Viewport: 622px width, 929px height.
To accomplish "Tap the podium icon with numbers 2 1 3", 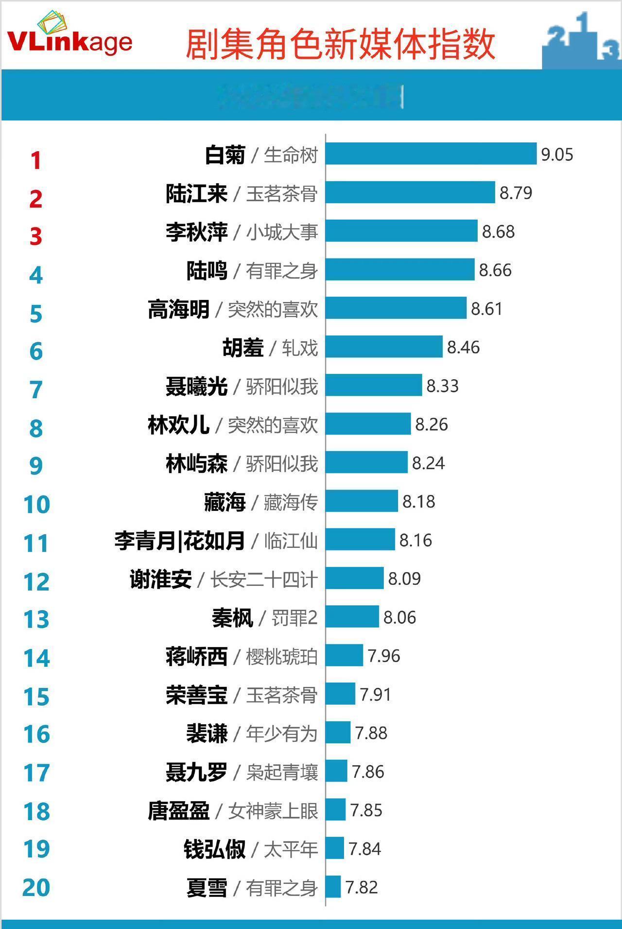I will [x=581, y=41].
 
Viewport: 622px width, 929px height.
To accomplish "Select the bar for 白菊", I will [x=431, y=154].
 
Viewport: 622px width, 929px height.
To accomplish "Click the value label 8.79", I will [x=516, y=193].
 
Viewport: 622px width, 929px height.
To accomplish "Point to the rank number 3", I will [x=36, y=236].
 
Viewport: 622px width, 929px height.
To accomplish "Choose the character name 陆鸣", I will [x=207, y=271].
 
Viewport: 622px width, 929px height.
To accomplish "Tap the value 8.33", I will [x=442, y=386].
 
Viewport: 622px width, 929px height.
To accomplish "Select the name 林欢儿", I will [x=179, y=425].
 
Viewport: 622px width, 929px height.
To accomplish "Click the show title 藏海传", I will [x=291, y=502].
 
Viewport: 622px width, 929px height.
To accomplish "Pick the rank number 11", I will [x=36, y=543].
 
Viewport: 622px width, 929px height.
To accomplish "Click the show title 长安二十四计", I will [x=264, y=579].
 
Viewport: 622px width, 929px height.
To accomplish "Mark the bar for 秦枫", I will [x=352, y=617].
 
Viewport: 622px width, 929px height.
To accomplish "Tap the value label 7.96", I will [x=384, y=656].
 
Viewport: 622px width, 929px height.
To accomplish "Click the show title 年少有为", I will [x=282, y=734].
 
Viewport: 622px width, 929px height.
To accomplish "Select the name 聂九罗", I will [x=197, y=772].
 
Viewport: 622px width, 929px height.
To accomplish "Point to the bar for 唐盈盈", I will [x=336, y=810].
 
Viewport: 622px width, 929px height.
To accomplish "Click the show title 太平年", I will [x=291, y=849].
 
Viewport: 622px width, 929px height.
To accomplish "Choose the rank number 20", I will [x=36, y=888].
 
